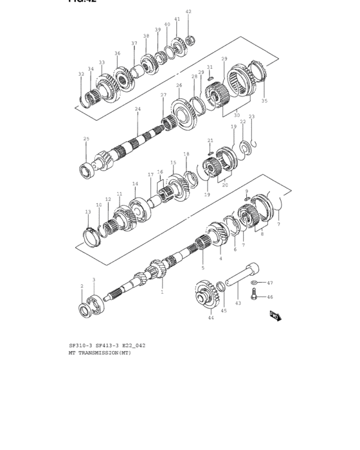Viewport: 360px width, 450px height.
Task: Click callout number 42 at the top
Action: [188, 12]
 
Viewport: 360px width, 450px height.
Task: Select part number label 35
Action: [264, 101]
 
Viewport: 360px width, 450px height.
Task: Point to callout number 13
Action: [88, 212]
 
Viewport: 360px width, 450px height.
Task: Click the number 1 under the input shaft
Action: [162, 292]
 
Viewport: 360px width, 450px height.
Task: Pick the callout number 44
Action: [210, 318]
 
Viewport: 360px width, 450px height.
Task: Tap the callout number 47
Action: [270, 283]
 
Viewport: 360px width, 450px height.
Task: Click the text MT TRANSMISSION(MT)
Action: [100, 353]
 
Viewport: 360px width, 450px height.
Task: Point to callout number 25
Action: [86, 139]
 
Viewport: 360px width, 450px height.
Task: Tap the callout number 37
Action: [134, 43]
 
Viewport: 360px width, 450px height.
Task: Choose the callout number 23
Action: [251, 117]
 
